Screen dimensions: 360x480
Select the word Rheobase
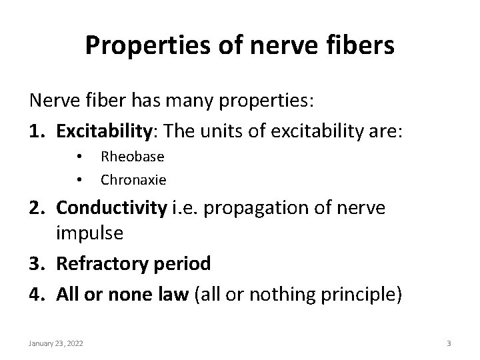tap(132, 157)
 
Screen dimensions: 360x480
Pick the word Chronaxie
tap(133, 179)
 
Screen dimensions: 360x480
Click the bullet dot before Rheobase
tap(79, 157)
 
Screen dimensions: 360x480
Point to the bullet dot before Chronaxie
tap(79, 180)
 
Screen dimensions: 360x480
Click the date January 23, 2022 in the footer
tap(55, 343)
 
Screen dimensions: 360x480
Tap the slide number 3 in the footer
tap(449, 343)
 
